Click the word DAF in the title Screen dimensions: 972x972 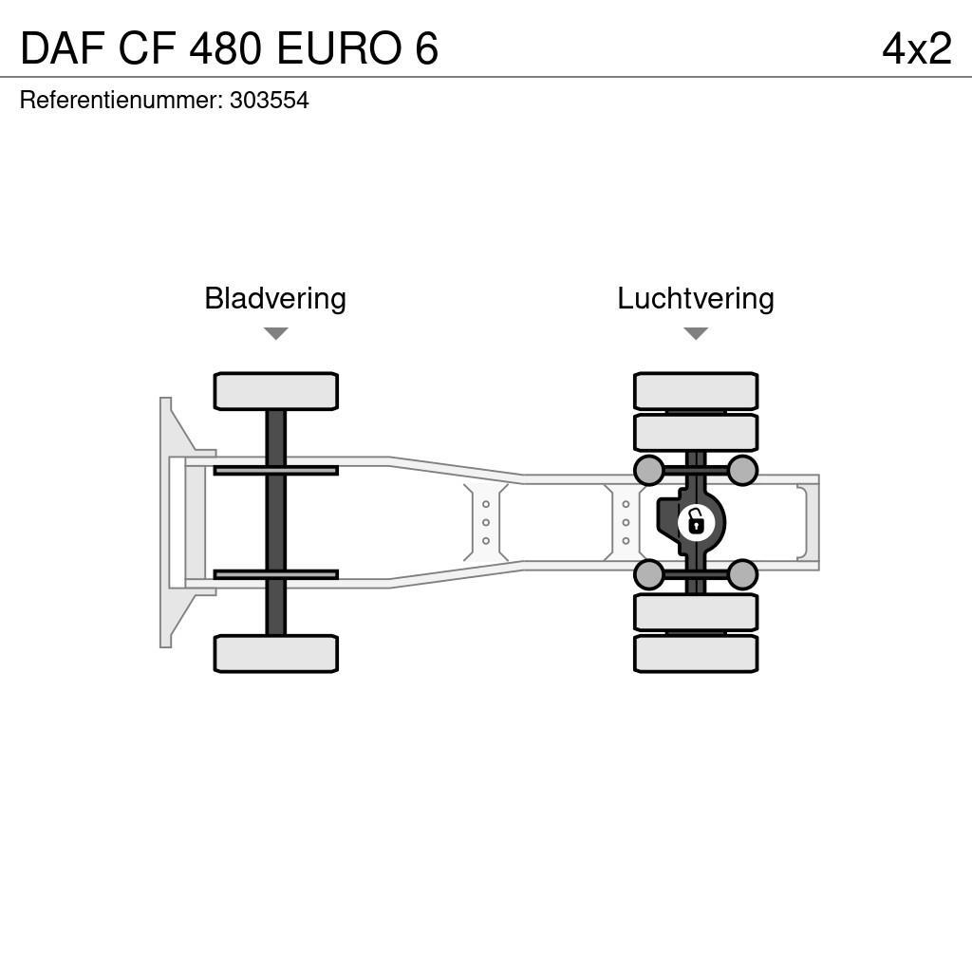62,48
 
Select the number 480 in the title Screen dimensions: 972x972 225,48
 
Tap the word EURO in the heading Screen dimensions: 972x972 339,48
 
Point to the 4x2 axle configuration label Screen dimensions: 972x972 916,48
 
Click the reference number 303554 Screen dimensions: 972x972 269,101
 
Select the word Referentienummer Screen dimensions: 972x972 121,101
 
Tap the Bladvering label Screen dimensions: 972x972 275,298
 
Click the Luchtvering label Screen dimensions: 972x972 695,298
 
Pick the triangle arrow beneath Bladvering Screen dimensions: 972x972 275,334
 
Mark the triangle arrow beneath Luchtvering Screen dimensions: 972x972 695,334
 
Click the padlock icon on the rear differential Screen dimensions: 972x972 695,522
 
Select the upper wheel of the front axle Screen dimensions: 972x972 275,391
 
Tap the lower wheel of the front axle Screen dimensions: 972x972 275,653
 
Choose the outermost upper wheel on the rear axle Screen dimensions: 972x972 695,391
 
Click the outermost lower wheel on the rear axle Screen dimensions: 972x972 695,653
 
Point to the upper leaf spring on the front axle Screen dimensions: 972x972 275,470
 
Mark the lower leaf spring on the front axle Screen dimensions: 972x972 275,574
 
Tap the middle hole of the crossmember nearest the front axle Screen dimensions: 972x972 486,522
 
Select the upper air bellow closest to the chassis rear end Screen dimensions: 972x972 742,470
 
